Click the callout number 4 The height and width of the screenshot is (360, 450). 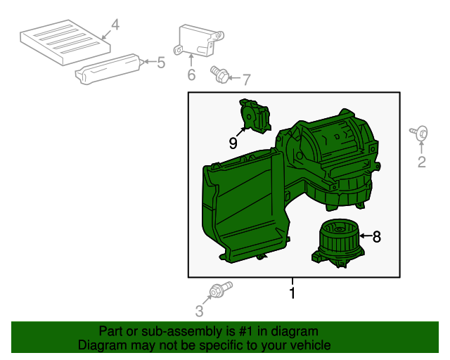(x=115, y=27)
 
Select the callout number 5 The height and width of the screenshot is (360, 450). (x=161, y=63)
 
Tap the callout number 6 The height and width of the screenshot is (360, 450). (x=191, y=75)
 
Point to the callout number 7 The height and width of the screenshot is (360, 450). (x=246, y=78)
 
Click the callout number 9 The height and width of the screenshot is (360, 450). (x=233, y=143)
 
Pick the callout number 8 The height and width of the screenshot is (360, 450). (x=376, y=238)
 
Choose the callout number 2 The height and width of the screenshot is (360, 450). (x=422, y=163)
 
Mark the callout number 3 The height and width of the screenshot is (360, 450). (x=199, y=310)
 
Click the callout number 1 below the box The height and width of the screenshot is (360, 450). (x=292, y=293)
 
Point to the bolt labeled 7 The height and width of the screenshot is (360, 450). (x=219, y=73)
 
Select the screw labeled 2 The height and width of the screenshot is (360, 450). (x=420, y=132)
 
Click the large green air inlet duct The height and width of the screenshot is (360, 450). (x=243, y=204)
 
